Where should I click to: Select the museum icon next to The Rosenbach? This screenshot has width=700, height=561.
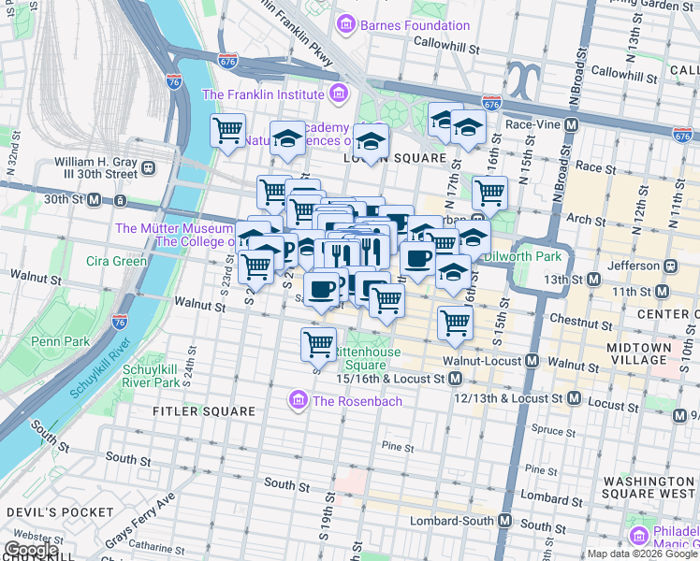tap(299, 401)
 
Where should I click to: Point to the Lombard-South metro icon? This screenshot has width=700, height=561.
tap(504, 520)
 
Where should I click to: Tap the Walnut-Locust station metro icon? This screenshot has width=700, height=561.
tap(532, 361)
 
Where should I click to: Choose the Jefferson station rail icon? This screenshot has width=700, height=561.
tap(669, 265)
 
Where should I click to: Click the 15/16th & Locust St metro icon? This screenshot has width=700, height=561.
tap(455, 379)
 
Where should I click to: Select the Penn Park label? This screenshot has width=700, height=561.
tap(60, 341)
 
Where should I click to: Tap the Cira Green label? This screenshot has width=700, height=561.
tap(116, 261)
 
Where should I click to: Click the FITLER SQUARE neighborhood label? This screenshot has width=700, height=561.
tap(204, 411)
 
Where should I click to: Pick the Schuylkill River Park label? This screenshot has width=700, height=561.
tap(150, 376)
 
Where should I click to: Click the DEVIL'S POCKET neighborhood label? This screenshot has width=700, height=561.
tap(47, 512)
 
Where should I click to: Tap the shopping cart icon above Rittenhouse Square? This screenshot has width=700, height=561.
tap(319, 343)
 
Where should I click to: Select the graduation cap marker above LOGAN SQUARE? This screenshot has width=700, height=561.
tap(371, 141)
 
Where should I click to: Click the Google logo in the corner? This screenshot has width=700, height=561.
tap(31, 550)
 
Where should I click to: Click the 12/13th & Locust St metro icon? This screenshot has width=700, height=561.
tap(574, 398)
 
